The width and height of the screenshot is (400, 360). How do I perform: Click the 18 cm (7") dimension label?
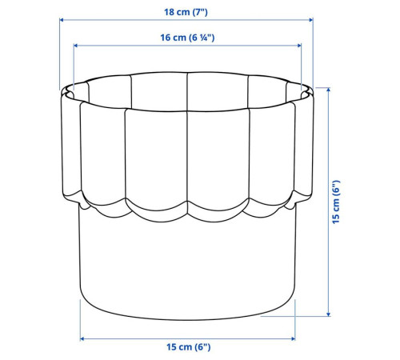pyautogui.click(x=186, y=12)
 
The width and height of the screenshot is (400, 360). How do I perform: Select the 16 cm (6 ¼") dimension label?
pyautogui.click(x=187, y=38)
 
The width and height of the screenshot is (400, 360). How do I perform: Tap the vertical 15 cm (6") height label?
pyautogui.click(x=336, y=202)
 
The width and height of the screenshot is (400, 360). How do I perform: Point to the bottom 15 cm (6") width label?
pyautogui.click(x=189, y=347)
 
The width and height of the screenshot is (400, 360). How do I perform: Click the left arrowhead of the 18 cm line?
pyautogui.click(x=62, y=20)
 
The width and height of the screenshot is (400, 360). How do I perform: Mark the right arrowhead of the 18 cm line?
pyautogui.click(x=311, y=20)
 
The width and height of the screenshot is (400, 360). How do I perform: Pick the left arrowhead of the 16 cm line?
pyautogui.click(x=75, y=46)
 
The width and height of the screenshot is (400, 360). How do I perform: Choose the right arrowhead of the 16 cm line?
pyautogui.click(x=299, y=46)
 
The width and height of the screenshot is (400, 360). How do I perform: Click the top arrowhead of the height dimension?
pyautogui.click(x=328, y=90)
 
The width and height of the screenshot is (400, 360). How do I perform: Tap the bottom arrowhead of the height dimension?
pyautogui.click(x=328, y=314)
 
